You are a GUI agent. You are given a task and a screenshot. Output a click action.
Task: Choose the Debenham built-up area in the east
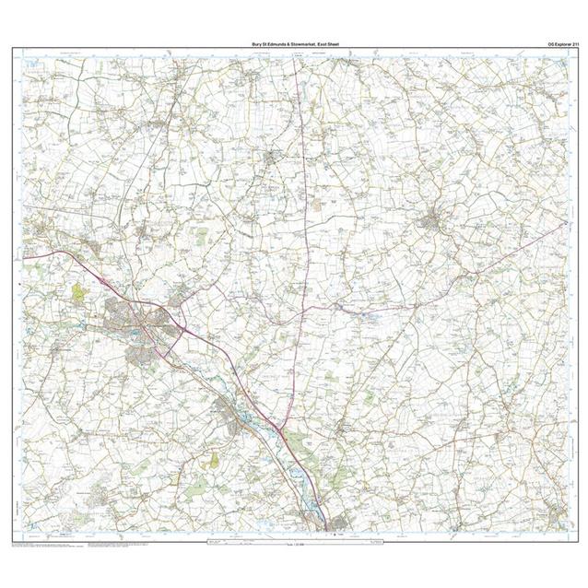(x=432, y=223)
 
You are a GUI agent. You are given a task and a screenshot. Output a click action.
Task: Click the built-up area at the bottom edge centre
(x=326, y=526)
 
